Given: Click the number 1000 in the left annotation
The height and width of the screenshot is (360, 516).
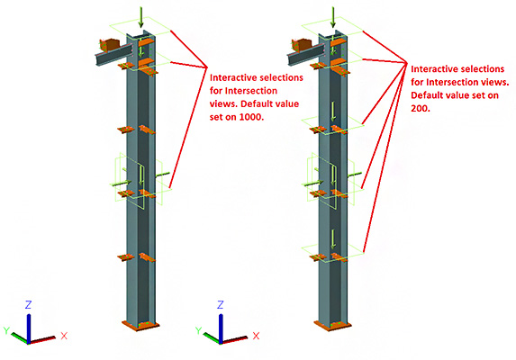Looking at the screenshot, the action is pos(250,117).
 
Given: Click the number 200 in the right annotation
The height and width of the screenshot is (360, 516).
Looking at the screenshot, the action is pos(420,108).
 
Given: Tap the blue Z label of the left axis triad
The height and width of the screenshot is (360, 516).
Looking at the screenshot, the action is pos(28,305).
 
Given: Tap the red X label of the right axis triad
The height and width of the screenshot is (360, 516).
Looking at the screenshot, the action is pos(256,336).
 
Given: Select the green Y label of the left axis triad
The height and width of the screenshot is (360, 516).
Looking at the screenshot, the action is pos(6,330).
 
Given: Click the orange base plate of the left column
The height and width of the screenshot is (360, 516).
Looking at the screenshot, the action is pos(140,325).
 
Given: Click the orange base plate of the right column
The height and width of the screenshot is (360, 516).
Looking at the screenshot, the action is pos(332,325).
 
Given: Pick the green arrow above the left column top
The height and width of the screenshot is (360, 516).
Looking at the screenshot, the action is pos(140,17).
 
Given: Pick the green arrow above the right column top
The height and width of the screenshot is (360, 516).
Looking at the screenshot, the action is pos(332,17).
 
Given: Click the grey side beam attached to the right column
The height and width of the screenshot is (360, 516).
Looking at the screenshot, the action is pos(305,55).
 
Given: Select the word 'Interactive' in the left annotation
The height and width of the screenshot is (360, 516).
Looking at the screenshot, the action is pos(229,77).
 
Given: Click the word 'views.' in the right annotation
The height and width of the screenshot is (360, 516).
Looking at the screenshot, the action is pos(496,82).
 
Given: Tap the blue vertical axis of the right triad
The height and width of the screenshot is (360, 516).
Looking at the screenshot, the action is pos(221,328).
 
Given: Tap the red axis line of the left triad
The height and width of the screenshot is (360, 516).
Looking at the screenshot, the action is pos(42,340).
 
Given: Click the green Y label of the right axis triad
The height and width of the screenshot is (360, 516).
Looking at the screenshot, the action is pos(198,330).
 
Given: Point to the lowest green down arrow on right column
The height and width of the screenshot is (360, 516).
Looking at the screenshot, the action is pos(333,239).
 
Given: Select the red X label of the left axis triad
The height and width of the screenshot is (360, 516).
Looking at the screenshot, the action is pos(64,336).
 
